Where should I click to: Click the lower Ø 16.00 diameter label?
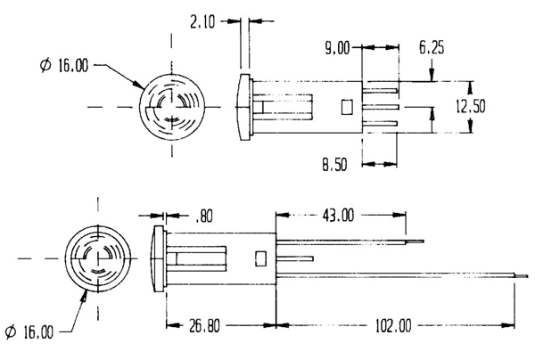click(x=27, y=331)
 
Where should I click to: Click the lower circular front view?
click(x=93, y=257)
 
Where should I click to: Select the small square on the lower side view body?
click(x=261, y=258)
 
